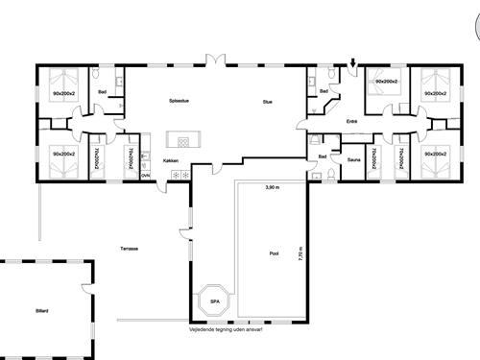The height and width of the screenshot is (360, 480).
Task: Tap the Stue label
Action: click(269, 101)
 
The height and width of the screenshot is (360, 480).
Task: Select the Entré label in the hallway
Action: click(350, 122)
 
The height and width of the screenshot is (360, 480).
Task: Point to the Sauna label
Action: click(353, 160)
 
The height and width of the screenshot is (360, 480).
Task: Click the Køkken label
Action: click(171, 160)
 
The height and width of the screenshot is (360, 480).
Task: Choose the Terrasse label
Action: click(129, 249)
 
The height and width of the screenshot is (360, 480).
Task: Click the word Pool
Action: click(274, 254)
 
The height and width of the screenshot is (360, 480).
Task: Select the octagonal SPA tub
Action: click(214, 300)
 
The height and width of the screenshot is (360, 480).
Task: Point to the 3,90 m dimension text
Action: click(272, 187)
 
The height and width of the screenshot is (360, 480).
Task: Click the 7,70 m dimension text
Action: click(300, 253)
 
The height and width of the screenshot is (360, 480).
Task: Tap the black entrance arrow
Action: click(353, 65)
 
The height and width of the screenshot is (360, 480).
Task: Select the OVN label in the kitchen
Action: click(145, 175)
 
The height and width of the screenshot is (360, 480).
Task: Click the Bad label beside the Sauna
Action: click(323, 156)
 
